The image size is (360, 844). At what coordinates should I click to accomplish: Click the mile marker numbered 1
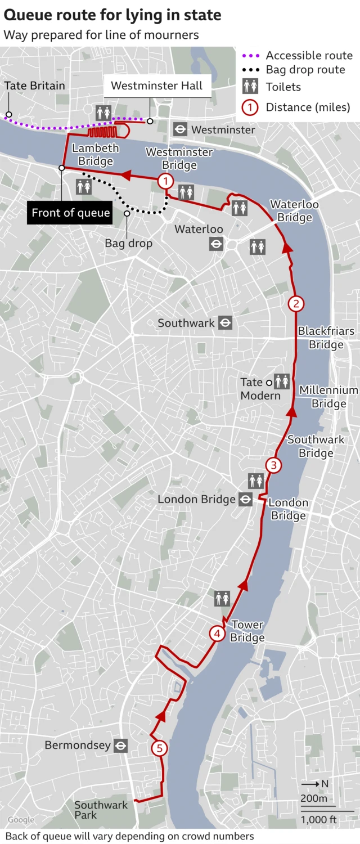(165, 181)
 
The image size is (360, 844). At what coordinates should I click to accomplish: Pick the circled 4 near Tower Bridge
(217, 634)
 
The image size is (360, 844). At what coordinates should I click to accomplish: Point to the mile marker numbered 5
(159, 748)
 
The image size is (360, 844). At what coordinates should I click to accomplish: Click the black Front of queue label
(71, 213)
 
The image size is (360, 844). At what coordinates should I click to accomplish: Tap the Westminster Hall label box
(157, 86)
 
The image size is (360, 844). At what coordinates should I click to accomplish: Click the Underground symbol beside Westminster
(180, 129)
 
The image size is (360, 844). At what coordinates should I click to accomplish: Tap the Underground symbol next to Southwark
(225, 323)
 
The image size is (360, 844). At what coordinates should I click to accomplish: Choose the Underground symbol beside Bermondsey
(120, 746)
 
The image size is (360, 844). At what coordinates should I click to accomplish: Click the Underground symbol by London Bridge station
(245, 499)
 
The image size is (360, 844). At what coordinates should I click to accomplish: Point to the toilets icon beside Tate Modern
(282, 381)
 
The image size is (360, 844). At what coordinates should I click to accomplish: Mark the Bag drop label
(128, 244)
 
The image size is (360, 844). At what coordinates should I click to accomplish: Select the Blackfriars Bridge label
(326, 338)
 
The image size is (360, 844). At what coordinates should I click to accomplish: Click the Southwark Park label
(101, 810)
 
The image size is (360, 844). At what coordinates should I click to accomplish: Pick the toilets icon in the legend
(250, 87)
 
